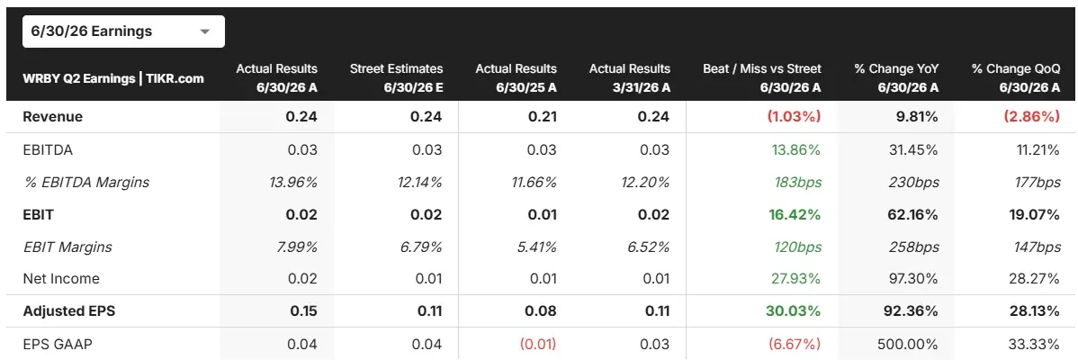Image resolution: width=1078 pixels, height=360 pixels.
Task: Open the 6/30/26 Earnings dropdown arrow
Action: pos(203,31)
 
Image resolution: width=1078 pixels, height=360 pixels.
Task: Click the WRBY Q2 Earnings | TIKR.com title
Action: pos(113,78)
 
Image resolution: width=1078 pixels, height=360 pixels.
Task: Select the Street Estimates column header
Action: pos(397,77)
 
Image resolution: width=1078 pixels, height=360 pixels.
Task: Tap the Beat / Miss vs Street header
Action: pos(762,77)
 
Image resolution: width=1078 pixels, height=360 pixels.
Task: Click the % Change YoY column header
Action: pos(896,77)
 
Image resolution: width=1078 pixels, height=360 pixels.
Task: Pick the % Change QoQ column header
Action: pos(1016,77)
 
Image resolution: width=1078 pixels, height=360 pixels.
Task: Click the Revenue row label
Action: pos(53,117)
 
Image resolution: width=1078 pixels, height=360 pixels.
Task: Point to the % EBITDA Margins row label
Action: pos(86,182)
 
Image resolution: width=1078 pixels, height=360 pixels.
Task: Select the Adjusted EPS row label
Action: pos(68,310)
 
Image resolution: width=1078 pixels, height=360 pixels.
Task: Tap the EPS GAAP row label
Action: pos(57,343)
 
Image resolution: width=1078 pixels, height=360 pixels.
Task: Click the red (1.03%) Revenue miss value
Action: pos(794,117)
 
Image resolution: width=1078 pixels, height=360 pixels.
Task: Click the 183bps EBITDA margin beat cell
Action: pos(798,182)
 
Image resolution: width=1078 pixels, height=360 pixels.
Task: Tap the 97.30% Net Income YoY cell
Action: pos(915,278)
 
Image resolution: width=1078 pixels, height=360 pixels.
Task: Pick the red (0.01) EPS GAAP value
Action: pos(537,343)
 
